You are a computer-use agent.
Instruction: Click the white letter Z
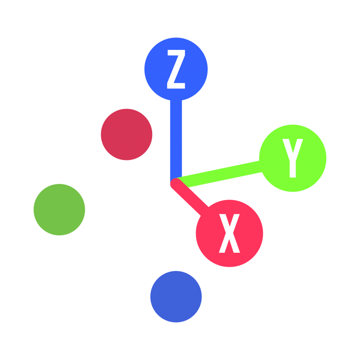(x=176, y=69)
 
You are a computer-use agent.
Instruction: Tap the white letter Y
(x=292, y=158)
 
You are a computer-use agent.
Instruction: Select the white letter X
(x=229, y=233)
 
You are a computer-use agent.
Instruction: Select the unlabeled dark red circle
(x=127, y=135)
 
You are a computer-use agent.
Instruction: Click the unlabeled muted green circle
(x=59, y=210)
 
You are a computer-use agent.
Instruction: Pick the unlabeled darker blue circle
(x=176, y=297)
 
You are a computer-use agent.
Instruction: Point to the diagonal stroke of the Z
(x=176, y=69)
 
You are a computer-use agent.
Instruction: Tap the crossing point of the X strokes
(x=229, y=233)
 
